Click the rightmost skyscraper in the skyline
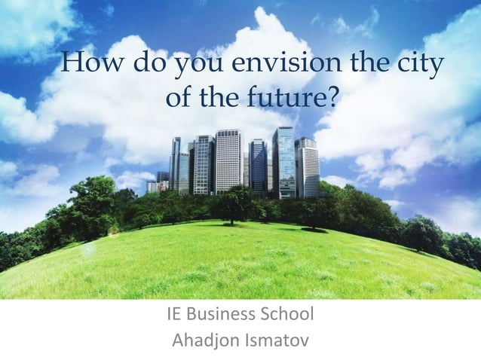(x=308, y=169)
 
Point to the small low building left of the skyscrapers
(x=153, y=185)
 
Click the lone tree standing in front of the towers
(x=233, y=202)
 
